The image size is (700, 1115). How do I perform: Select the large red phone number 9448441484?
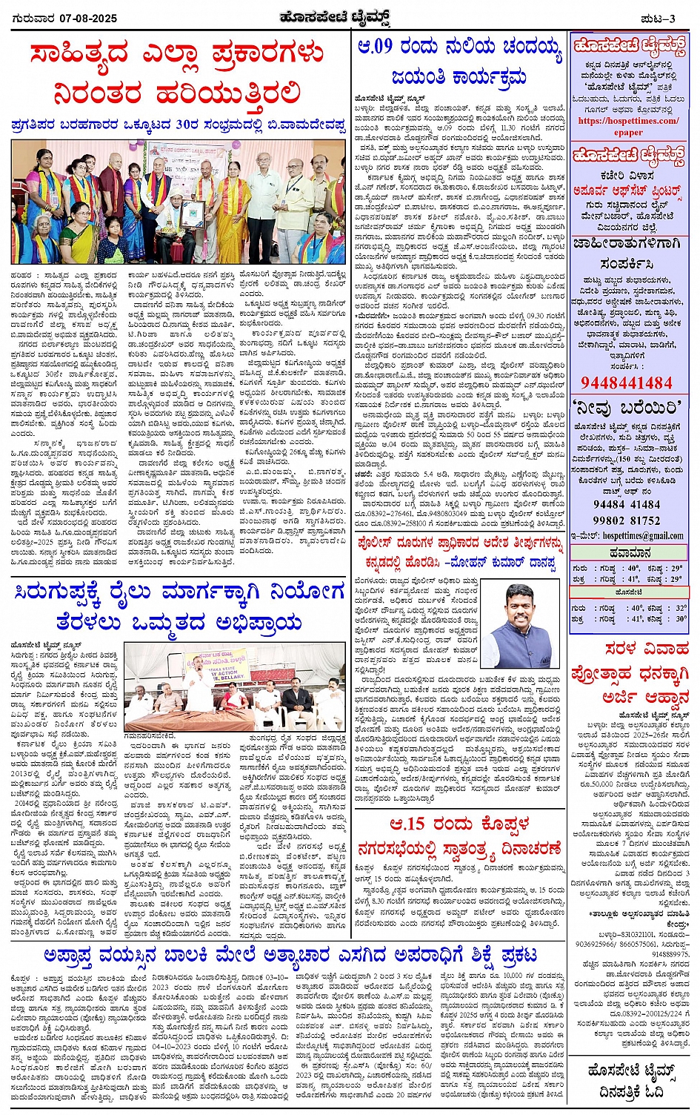tap(627, 383)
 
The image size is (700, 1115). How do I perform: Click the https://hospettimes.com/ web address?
tap(628, 120)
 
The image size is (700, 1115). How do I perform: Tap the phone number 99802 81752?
tap(627, 520)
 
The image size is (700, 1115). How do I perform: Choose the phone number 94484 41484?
tap(627, 504)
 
